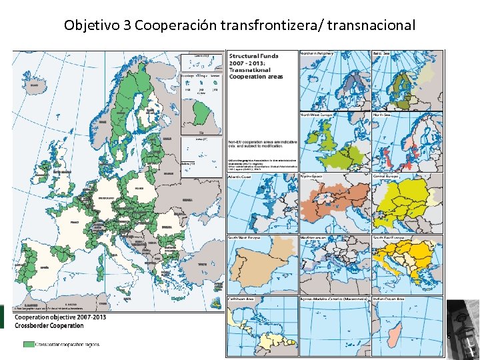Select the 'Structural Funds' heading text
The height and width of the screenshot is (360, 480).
[254, 57]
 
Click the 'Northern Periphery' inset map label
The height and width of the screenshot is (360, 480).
[317, 53]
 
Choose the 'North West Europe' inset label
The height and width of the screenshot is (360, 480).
[317, 115]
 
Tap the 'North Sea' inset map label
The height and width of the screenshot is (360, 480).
[383, 115]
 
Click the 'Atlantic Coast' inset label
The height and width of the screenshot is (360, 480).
[242, 177]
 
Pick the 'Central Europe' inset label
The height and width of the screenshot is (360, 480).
[387, 177]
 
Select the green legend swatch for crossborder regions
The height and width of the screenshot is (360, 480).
[28, 345]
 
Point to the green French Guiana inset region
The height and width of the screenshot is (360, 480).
[199, 113]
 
